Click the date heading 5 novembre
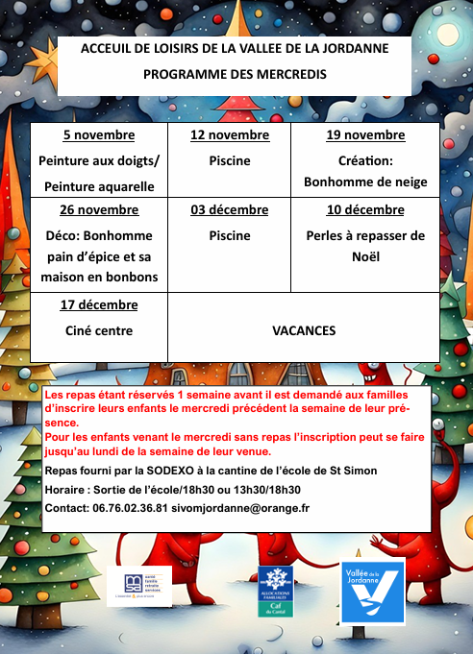tap(99, 135)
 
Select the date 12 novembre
tap(230, 135)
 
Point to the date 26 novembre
tap(99, 210)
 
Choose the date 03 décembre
tap(230, 210)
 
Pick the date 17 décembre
tap(99, 305)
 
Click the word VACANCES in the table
tap(304, 330)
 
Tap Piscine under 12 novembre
tap(230, 160)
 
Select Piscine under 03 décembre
tap(230, 235)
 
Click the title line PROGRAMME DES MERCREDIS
tap(235, 73)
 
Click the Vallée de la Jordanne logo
tap(372, 593)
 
